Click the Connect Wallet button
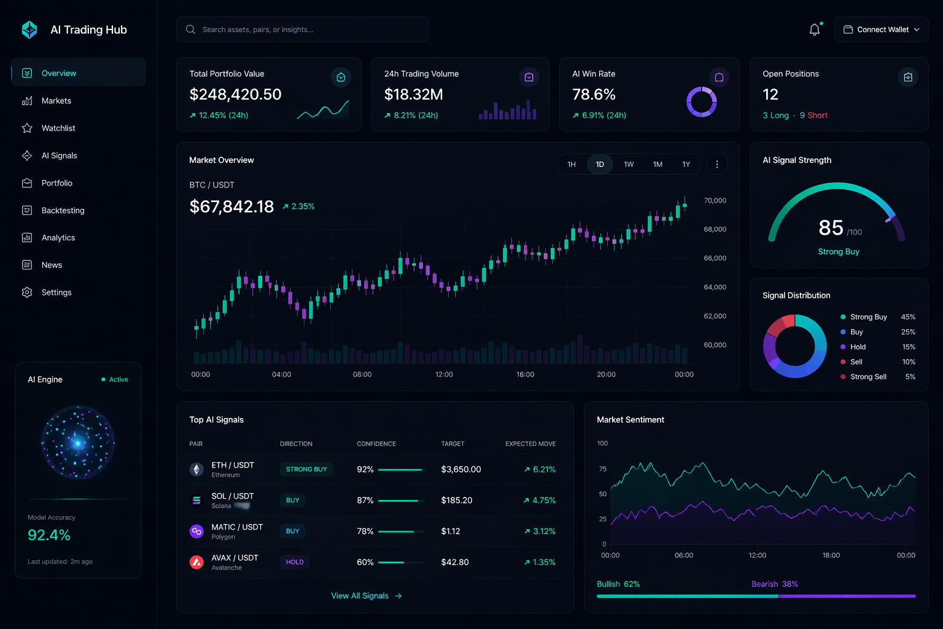(x=881, y=29)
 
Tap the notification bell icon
(x=815, y=29)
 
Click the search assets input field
(x=302, y=29)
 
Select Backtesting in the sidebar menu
(x=63, y=210)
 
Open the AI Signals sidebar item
(x=59, y=155)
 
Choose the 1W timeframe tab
(x=629, y=164)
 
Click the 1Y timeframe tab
(x=686, y=164)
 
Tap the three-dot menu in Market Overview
(x=716, y=164)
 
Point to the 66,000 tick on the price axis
(x=715, y=258)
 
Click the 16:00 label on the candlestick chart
(x=525, y=374)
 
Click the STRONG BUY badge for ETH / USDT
(x=306, y=469)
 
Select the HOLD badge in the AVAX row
(x=295, y=562)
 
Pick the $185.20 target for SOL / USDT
(x=457, y=500)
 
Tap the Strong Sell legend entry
(x=868, y=377)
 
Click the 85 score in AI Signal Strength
(x=831, y=228)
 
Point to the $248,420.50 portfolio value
(x=235, y=95)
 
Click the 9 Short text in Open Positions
(x=813, y=115)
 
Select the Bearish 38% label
(x=774, y=584)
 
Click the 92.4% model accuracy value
(x=49, y=535)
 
